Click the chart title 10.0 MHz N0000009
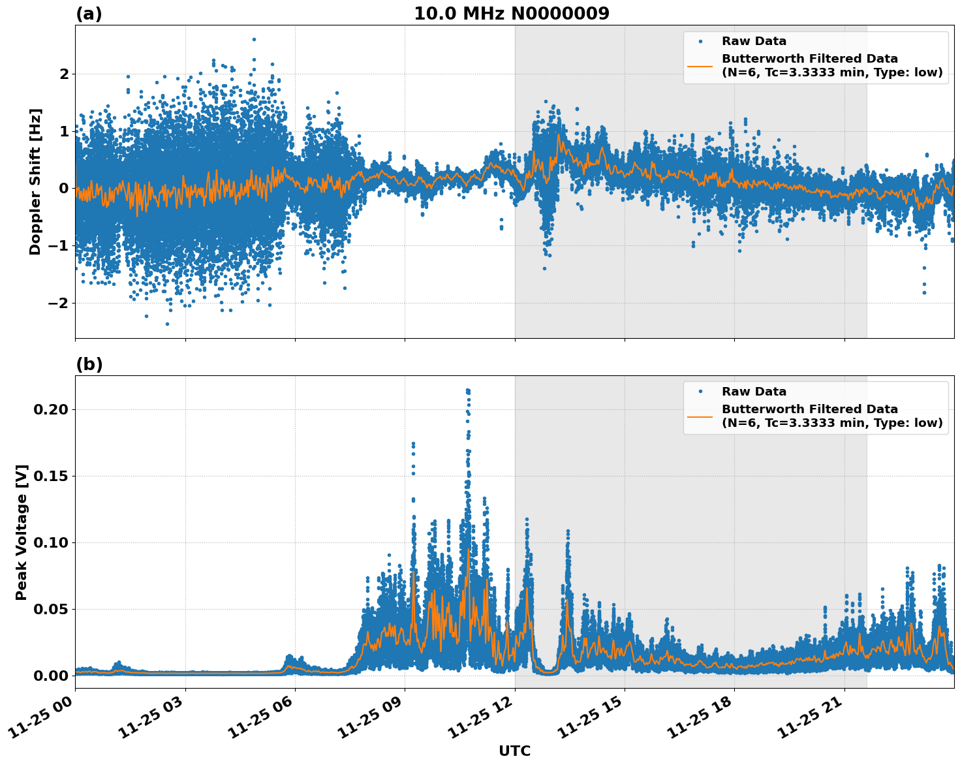tap(511, 14)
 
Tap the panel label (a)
tap(89, 14)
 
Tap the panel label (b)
tap(89, 364)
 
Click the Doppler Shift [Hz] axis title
tap(35, 181)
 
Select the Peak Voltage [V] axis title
tap(22, 532)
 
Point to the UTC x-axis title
tap(514, 751)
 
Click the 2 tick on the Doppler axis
tap(64, 74)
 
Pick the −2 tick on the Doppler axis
tap(59, 303)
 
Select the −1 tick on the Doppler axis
tap(59, 245)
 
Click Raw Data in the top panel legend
tap(754, 41)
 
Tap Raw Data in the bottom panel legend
tap(754, 392)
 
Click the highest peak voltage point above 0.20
tap(468, 390)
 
